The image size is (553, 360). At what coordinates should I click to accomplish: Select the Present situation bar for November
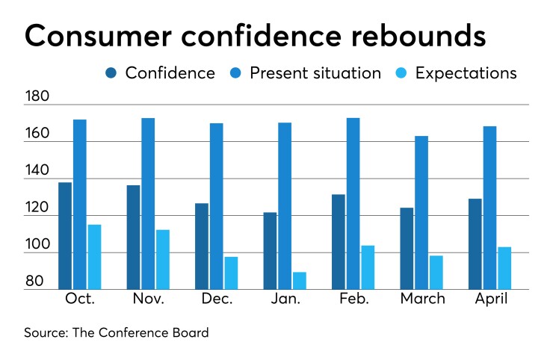point(148,204)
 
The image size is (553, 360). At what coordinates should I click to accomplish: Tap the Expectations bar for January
point(299,281)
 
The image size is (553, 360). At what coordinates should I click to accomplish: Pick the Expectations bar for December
point(231,273)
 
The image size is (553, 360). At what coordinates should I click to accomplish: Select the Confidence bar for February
point(339,242)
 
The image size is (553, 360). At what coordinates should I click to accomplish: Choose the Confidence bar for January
point(269,251)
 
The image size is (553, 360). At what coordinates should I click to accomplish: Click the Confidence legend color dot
point(111,73)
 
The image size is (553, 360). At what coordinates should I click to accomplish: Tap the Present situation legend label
point(315,73)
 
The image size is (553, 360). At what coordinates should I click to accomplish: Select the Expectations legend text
point(466,73)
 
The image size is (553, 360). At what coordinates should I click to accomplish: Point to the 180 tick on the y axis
point(37,98)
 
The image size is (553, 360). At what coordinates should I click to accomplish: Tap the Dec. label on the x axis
point(216,300)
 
